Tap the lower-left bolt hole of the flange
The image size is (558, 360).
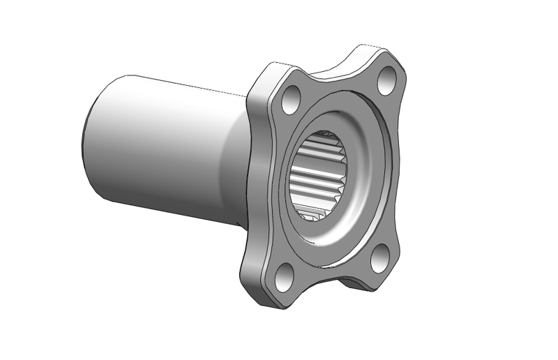click(x=285, y=277)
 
